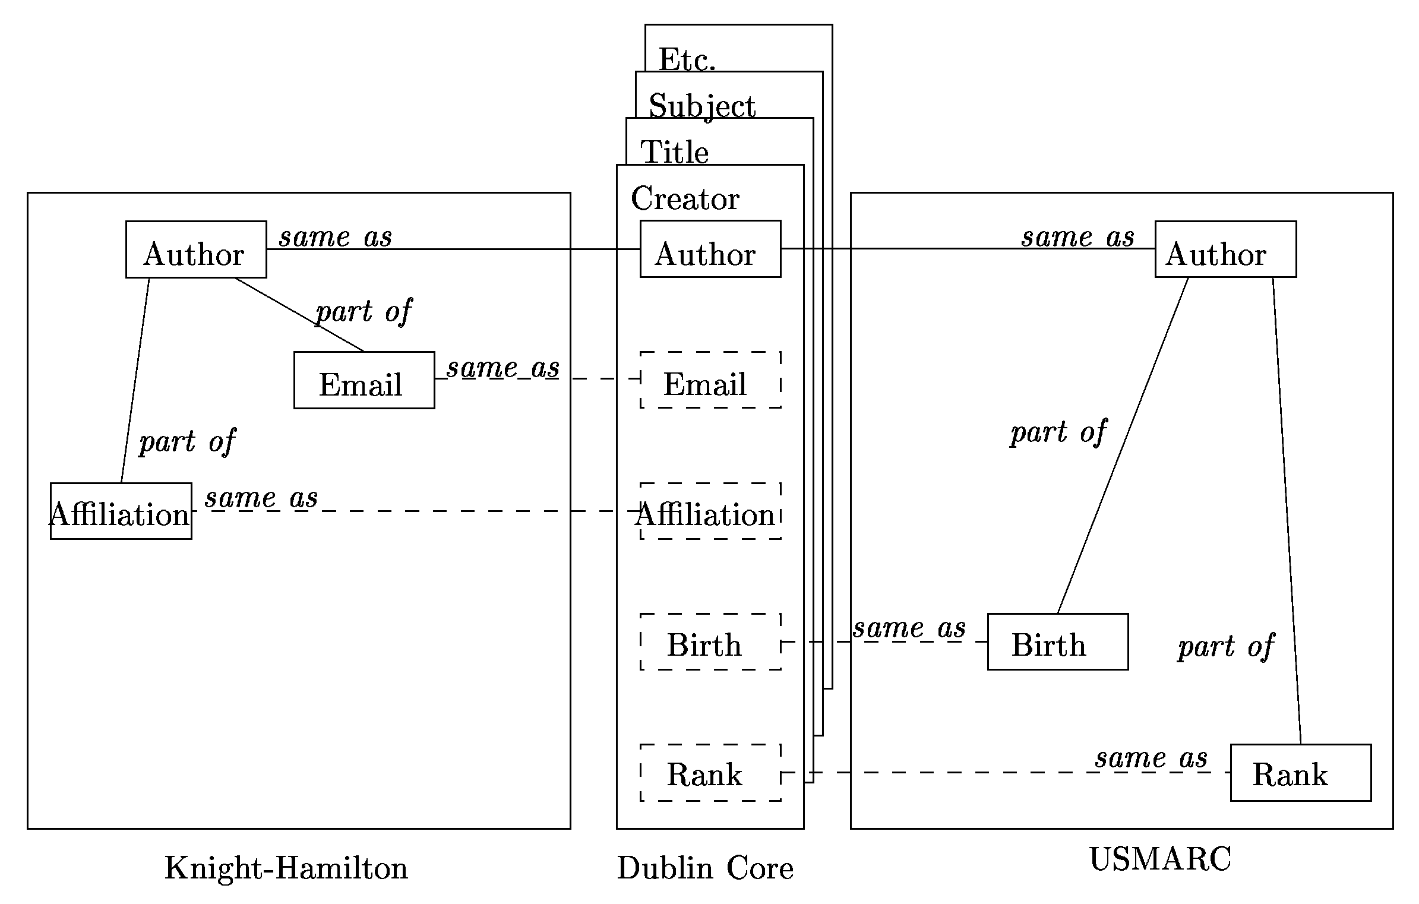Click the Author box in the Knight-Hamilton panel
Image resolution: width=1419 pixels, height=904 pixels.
tap(196, 249)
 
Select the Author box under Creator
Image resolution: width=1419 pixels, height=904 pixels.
tap(710, 249)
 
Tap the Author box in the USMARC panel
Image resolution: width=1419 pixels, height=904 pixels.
tap(1225, 249)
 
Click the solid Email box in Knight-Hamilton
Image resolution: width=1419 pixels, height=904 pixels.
tap(364, 380)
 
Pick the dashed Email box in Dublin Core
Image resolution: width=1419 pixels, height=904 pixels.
tap(710, 380)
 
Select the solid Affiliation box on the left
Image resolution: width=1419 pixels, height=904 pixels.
tap(121, 511)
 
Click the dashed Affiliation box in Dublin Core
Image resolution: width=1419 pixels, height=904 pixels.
tap(710, 511)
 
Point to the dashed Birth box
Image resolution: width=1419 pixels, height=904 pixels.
tap(710, 642)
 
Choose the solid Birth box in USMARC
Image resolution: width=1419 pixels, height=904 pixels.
tap(1057, 642)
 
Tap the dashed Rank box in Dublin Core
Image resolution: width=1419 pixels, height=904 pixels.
tap(710, 773)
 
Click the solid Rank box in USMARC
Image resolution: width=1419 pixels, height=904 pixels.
tap(1300, 773)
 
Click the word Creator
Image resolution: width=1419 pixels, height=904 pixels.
tap(685, 198)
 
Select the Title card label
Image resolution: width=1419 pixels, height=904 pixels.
tap(674, 152)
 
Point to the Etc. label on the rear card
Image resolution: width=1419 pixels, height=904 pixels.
tap(687, 59)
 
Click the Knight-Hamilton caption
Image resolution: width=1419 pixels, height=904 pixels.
tap(286, 868)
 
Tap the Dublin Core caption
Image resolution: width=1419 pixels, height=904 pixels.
tap(705, 868)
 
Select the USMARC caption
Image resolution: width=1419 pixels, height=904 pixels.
tap(1160, 859)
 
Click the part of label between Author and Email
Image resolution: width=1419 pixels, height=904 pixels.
tap(364, 312)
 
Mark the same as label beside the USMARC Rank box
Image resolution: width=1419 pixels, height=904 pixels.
tap(1151, 758)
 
